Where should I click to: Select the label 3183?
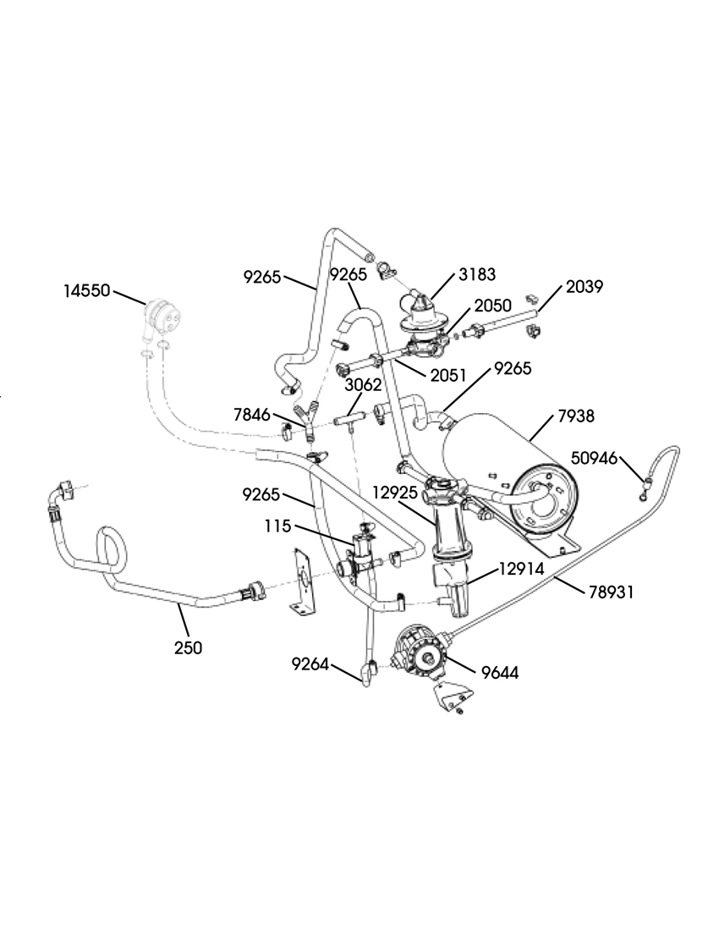tap(477, 274)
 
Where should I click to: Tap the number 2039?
tap(584, 287)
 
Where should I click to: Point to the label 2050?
tap(492, 306)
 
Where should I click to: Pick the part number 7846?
tap(252, 415)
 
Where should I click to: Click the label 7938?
tap(577, 416)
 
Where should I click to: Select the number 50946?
tap(594, 459)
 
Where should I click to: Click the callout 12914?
tap(522, 570)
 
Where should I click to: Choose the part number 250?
tap(188, 647)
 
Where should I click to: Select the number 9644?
tap(500, 673)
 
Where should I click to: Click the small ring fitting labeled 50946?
tap(645, 485)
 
